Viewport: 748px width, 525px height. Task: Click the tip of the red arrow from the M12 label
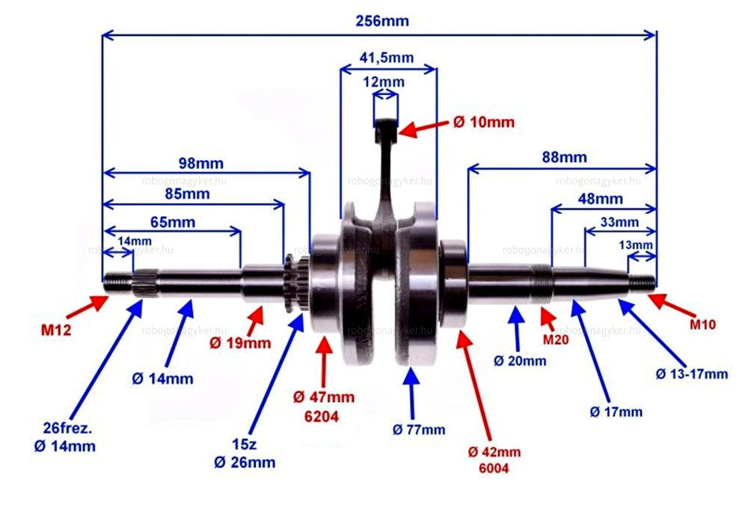108,297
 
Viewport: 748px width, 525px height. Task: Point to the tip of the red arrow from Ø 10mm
399,132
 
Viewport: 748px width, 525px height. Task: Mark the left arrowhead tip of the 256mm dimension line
103,35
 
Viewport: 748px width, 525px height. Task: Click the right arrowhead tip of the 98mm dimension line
310,173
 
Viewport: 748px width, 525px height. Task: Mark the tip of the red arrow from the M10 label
649,295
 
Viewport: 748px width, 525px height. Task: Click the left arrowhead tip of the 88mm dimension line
468,168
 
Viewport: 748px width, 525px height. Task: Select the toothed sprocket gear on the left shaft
296,283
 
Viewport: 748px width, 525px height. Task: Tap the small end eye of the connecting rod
385,129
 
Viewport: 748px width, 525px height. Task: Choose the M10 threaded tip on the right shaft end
642,283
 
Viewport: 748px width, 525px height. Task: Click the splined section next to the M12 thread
146,283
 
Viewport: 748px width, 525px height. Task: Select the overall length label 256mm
382,21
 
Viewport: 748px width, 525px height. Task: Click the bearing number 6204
322,417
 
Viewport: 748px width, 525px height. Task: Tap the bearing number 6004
494,468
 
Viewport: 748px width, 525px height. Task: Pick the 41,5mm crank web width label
387,58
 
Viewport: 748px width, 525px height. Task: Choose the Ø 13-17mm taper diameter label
692,374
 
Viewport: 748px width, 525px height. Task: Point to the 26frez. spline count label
67,428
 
